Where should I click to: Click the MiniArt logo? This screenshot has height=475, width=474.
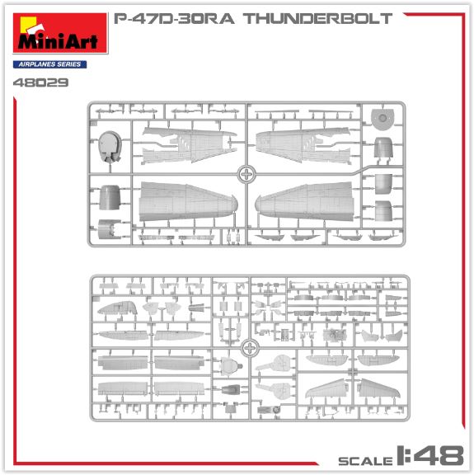point(60,33)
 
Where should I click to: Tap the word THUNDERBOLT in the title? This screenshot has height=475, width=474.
point(317,18)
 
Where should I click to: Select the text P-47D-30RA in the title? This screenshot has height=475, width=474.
point(174,18)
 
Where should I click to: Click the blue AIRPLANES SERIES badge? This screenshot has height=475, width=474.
point(49,64)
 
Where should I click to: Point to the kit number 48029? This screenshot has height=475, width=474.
point(41,82)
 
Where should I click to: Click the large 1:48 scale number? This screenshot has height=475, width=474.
point(430,455)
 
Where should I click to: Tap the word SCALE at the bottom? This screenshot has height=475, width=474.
point(365,461)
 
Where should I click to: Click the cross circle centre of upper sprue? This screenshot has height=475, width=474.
point(246,174)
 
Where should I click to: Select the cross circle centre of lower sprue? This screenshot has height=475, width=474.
point(250,348)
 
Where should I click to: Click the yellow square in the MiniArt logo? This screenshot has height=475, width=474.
point(28,23)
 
